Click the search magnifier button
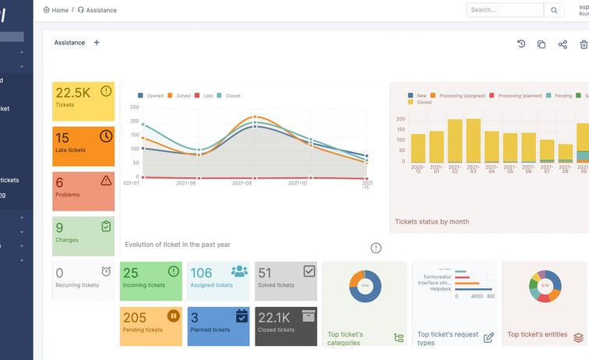(x=554, y=10)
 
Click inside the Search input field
(x=504, y=10)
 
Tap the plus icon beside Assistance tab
(x=97, y=43)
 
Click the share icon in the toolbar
(x=563, y=44)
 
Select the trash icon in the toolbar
(x=584, y=44)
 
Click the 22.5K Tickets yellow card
(x=83, y=101)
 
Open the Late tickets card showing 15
(x=83, y=146)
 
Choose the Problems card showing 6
(x=83, y=191)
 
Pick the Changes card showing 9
(x=83, y=236)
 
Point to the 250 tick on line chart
(x=134, y=108)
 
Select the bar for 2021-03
(x=473, y=140)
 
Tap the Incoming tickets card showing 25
(x=150, y=281)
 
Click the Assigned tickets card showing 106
(x=218, y=281)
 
